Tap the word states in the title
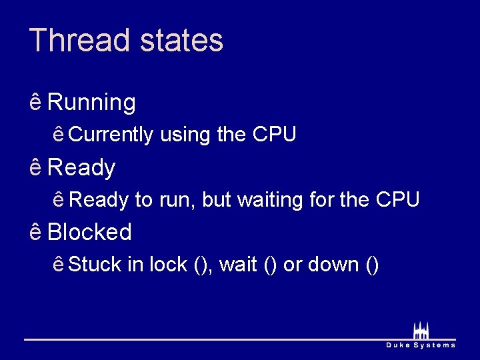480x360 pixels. click(x=181, y=40)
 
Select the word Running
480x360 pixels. click(x=92, y=103)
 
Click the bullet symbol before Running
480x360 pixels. click(x=36, y=102)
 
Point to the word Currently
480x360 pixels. click(x=111, y=135)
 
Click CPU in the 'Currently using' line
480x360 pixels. click(x=275, y=135)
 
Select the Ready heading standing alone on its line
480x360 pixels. click(x=82, y=168)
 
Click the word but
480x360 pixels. click(x=217, y=199)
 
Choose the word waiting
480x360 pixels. click(x=268, y=199)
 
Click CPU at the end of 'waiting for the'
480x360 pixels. click(x=398, y=199)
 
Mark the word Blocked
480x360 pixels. click(x=90, y=232)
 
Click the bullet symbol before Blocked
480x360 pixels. click(x=36, y=231)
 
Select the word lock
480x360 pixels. click(x=168, y=265)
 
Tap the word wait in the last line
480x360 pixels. click(x=238, y=265)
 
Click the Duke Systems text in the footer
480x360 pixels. click(x=421, y=345)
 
